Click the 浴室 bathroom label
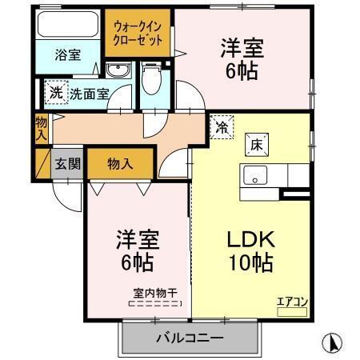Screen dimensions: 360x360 (68, 56)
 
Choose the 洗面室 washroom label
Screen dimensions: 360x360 (89, 94)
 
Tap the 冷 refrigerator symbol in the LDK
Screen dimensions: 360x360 (221, 126)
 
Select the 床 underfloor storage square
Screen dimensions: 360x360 (257, 145)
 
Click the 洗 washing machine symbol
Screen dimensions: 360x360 (56, 92)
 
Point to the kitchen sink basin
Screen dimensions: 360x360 (256, 177)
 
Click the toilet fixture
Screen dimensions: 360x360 (150, 80)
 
